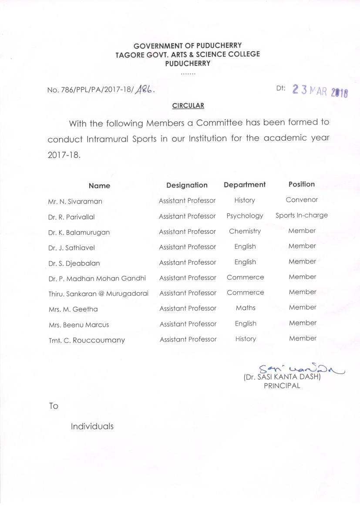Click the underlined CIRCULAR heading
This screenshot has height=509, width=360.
[188, 106]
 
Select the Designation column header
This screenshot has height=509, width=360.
[187, 185]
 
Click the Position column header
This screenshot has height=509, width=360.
[301, 184]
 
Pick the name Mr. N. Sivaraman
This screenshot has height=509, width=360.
[75, 202]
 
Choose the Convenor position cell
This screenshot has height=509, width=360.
[302, 200]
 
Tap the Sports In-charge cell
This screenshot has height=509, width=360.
[302, 215]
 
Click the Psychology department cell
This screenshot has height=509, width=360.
[245, 216]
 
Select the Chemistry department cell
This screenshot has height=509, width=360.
[245, 231]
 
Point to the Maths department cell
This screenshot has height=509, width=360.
[246, 308]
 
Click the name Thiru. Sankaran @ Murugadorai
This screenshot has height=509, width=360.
[98, 294]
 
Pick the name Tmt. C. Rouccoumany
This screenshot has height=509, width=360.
[87, 340]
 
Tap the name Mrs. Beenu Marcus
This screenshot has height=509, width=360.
[79, 325]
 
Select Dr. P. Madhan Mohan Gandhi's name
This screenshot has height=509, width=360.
[97, 278]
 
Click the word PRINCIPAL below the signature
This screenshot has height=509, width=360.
[282, 386]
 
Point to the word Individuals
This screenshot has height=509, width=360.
[92, 426]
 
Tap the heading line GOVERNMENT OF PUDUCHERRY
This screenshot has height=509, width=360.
[188, 45]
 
